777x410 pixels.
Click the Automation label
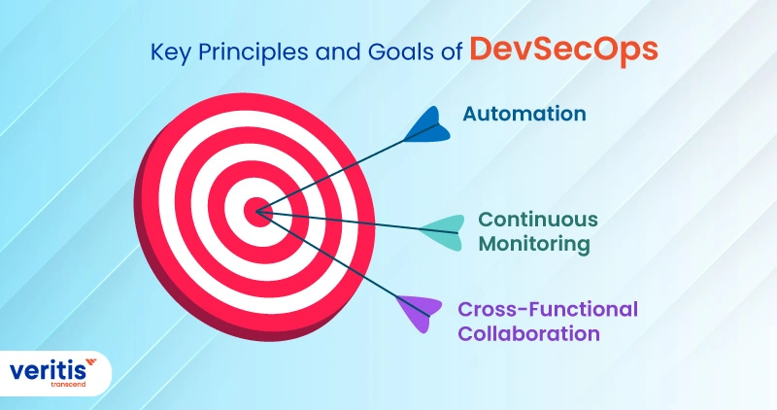(524, 114)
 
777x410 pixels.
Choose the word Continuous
(537, 219)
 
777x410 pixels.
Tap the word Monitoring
(534, 244)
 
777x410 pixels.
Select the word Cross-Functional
(548, 309)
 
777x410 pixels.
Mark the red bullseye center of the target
(257, 207)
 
